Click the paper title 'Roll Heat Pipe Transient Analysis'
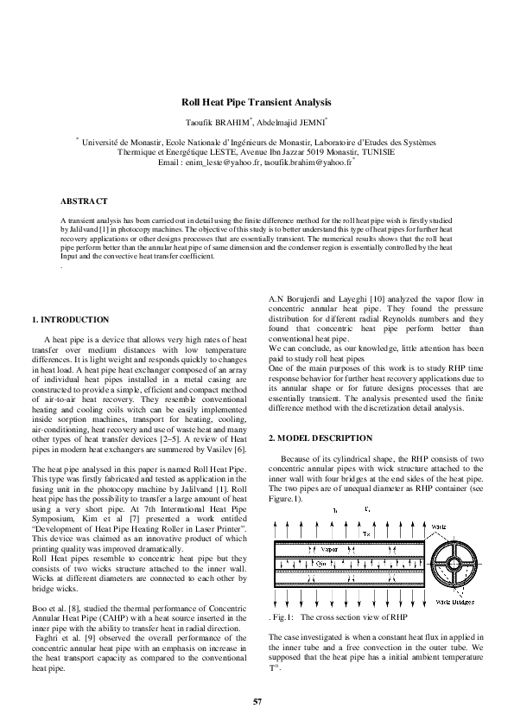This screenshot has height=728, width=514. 257,102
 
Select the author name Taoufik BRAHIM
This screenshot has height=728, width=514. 224,121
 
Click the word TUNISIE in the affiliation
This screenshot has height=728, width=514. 375,150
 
